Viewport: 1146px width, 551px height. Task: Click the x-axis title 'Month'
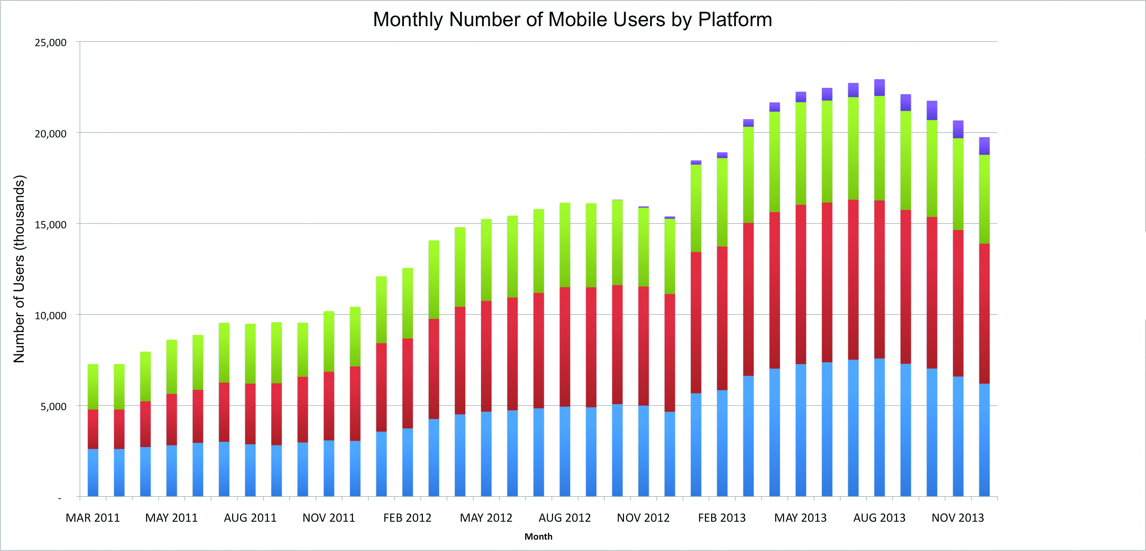tap(538, 536)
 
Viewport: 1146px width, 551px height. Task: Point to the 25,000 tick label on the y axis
tap(50, 43)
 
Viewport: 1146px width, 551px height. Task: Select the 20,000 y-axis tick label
tap(50, 134)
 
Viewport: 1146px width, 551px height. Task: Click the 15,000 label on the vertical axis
tap(50, 225)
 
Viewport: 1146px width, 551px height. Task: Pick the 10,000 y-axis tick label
tap(50, 315)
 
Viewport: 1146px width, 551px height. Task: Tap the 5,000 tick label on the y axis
tap(53, 406)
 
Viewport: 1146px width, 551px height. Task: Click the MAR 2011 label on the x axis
tap(93, 518)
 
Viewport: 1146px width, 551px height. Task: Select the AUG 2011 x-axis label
tap(250, 518)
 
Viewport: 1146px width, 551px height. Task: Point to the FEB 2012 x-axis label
tap(407, 518)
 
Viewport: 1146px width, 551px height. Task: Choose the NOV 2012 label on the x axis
tap(643, 518)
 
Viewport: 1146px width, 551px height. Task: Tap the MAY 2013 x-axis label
tap(800, 518)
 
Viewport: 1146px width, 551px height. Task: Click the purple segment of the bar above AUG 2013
tap(879, 88)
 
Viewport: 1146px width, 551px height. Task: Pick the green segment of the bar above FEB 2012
tap(407, 303)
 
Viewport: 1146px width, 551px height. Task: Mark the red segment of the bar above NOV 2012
tap(643, 345)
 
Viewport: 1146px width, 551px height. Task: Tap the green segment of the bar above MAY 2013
tap(800, 153)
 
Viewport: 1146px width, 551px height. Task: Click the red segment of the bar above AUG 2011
tap(250, 414)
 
